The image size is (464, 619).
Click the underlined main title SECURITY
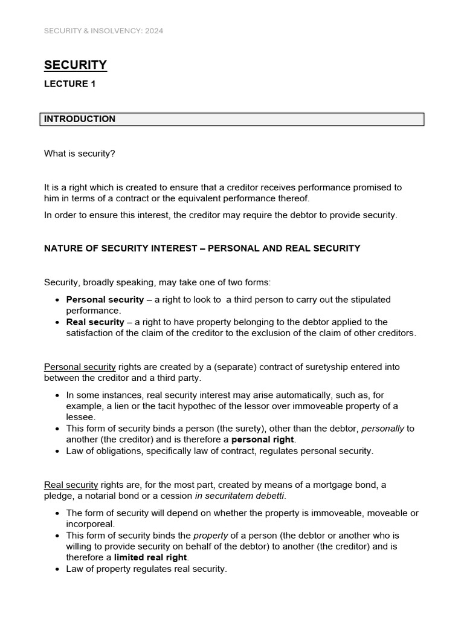[x=76, y=65]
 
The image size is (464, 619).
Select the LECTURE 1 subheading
[x=69, y=85]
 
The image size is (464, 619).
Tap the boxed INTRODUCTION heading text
[x=79, y=119]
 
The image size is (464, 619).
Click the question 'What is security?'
[x=79, y=154]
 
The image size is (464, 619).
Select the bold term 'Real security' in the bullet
[x=95, y=322]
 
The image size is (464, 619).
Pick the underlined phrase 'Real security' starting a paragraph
[x=71, y=484]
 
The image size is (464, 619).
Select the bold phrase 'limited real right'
[x=151, y=557]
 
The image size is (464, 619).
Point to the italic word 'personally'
[x=382, y=429]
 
